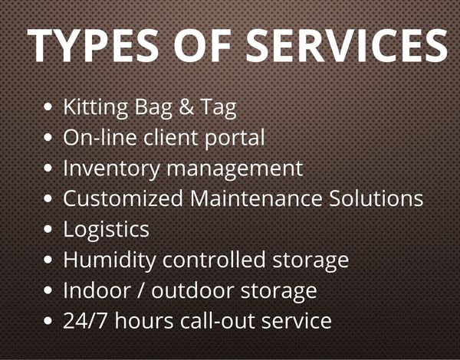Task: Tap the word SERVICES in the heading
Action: coord(347,45)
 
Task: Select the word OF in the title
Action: coord(202,45)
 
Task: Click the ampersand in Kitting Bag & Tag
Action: coord(186,106)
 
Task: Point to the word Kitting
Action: coord(96,108)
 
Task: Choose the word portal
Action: coord(235,139)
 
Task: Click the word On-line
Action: coord(100,137)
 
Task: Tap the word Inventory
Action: coord(111,169)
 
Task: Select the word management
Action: coord(235,169)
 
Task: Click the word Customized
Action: coord(123,198)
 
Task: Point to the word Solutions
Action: coord(376,198)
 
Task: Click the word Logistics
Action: coord(107,231)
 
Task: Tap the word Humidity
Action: coord(110,261)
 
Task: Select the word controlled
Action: coord(214,260)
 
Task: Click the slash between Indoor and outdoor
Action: coord(141,291)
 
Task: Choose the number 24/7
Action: coord(84,321)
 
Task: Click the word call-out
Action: coord(218,321)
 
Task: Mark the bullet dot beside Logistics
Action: coord(48,229)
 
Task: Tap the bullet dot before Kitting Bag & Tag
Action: coord(48,106)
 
